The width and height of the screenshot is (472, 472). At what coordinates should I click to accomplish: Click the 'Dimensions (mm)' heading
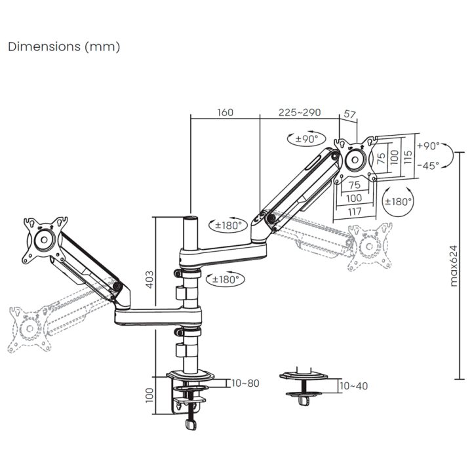(x=64, y=47)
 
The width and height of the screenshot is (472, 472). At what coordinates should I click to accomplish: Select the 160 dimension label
(x=225, y=113)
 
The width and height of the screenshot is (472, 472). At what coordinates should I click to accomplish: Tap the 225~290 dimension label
(x=300, y=113)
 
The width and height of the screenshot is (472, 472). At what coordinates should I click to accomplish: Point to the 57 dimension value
(x=350, y=114)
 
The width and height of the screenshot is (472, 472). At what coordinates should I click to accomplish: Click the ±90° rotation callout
(x=306, y=139)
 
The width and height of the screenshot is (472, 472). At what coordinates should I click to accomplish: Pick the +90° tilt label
(x=428, y=146)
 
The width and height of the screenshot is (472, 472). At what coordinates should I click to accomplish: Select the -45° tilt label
(x=428, y=166)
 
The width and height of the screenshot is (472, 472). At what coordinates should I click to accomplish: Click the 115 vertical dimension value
(x=408, y=157)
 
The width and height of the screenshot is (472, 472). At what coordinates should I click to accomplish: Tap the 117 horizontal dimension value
(x=354, y=212)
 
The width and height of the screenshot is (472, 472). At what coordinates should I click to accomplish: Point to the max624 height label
(x=454, y=266)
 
